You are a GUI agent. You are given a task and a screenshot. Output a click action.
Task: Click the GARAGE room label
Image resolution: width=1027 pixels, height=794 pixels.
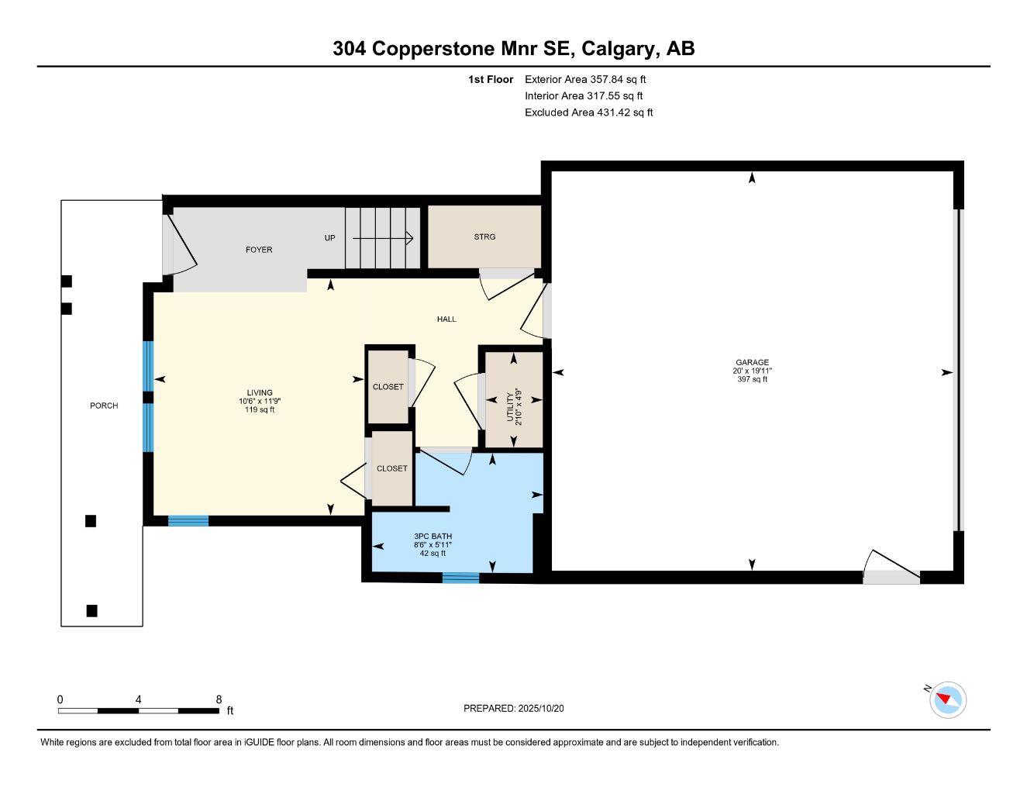tap(752, 362)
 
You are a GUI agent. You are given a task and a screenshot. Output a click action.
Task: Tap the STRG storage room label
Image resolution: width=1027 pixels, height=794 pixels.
tap(484, 236)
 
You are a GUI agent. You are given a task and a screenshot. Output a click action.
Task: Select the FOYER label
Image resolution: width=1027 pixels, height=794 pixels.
tap(259, 250)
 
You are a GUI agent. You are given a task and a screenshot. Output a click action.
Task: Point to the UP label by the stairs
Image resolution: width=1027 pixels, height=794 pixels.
tap(329, 238)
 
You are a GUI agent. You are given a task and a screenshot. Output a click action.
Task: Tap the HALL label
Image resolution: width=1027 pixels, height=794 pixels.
tap(446, 319)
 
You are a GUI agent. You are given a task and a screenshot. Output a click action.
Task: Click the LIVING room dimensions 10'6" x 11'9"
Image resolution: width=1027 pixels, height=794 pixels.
tap(260, 401)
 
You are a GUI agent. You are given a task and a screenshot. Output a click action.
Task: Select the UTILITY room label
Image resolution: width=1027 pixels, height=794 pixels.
tap(510, 407)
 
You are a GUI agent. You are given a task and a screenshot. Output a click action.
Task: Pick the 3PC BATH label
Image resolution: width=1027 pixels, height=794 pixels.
tap(433, 536)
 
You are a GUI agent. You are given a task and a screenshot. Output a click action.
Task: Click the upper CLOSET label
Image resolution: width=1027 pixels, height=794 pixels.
tap(388, 386)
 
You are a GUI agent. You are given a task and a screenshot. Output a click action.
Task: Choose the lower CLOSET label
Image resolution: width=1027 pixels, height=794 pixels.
tap(391, 468)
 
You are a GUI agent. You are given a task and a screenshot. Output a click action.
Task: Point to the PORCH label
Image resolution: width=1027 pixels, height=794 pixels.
tap(104, 406)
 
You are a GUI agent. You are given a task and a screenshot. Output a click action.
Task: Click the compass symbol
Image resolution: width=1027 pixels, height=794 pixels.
tap(947, 700)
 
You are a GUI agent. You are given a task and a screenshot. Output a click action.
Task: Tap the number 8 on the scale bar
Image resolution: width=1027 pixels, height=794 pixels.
tap(219, 699)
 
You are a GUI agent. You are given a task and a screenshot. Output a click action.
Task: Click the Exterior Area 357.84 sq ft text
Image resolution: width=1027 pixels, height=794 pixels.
tap(585, 79)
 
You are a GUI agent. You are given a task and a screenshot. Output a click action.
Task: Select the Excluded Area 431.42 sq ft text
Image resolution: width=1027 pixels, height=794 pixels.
tap(588, 112)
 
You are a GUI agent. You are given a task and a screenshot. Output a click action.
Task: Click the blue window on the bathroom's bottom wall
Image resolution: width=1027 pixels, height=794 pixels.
tap(460, 577)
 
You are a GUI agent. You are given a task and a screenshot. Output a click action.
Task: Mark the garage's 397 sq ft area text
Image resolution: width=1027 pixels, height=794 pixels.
tap(752, 379)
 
